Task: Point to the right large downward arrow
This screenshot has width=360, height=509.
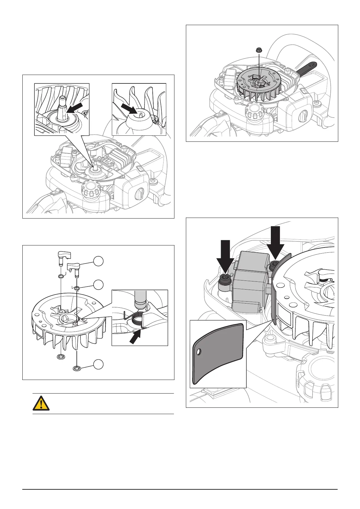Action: click(x=275, y=242)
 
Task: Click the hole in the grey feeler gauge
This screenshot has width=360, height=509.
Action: click(x=198, y=352)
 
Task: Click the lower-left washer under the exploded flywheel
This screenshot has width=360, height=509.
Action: click(x=61, y=357)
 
